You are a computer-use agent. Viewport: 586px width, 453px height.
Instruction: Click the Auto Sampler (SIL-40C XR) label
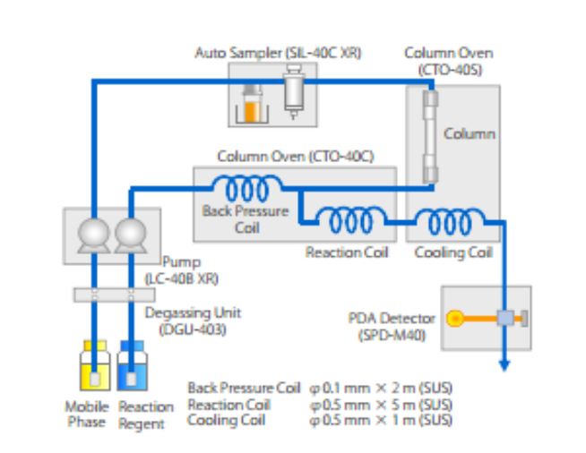click(278, 53)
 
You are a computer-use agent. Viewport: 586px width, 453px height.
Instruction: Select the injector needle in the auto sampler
click(292, 93)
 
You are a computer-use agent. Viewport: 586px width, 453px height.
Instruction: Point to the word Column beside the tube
click(470, 134)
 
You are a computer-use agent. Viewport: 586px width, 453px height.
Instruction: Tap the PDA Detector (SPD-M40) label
click(392, 325)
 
